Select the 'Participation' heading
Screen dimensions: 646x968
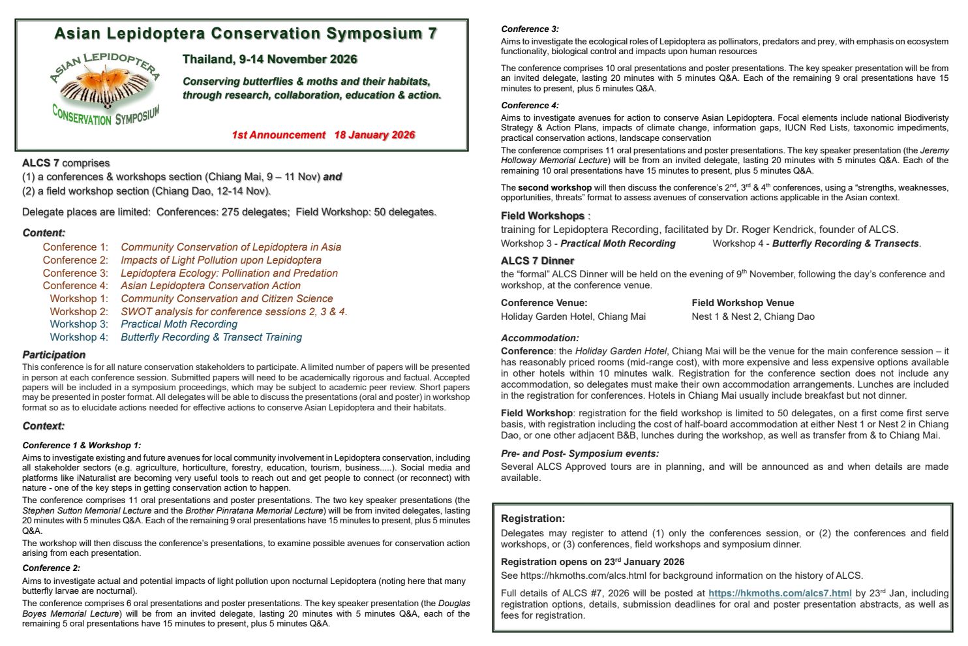pyautogui.click(x=54, y=355)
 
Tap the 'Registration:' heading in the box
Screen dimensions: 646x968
pyautogui.click(x=533, y=519)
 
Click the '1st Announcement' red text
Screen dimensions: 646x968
pyautogui.click(x=279, y=135)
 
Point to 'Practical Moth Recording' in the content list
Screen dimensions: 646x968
pyautogui.click(x=179, y=324)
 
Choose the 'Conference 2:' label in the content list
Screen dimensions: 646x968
pyautogui.click(x=76, y=260)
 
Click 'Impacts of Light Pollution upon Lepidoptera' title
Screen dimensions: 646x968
pyautogui.click(x=221, y=260)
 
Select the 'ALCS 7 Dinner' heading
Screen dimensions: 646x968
pyautogui.click(x=537, y=261)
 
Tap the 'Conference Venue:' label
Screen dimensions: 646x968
pyautogui.click(x=544, y=303)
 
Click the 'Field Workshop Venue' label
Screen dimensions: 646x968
pyautogui.click(x=743, y=303)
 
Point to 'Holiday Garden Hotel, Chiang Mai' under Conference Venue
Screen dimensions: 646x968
pyautogui.click(x=573, y=316)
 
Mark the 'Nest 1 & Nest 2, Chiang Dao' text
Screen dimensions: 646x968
pyautogui.click(x=753, y=316)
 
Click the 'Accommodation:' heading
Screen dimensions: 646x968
pyautogui.click(x=540, y=338)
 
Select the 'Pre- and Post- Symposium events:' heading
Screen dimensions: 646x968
pyautogui.click(x=580, y=454)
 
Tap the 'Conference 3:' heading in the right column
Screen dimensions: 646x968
pyautogui.click(x=530, y=29)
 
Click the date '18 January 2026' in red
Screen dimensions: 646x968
pyautogui.click(x=374, y=135)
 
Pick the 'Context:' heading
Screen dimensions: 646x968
pyautogui.click(x=44, y=426)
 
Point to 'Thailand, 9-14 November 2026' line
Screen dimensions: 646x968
pyautogui.click(x=270, y=59)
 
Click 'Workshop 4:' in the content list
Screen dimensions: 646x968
pyautogui.click(x=79, y=337)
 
